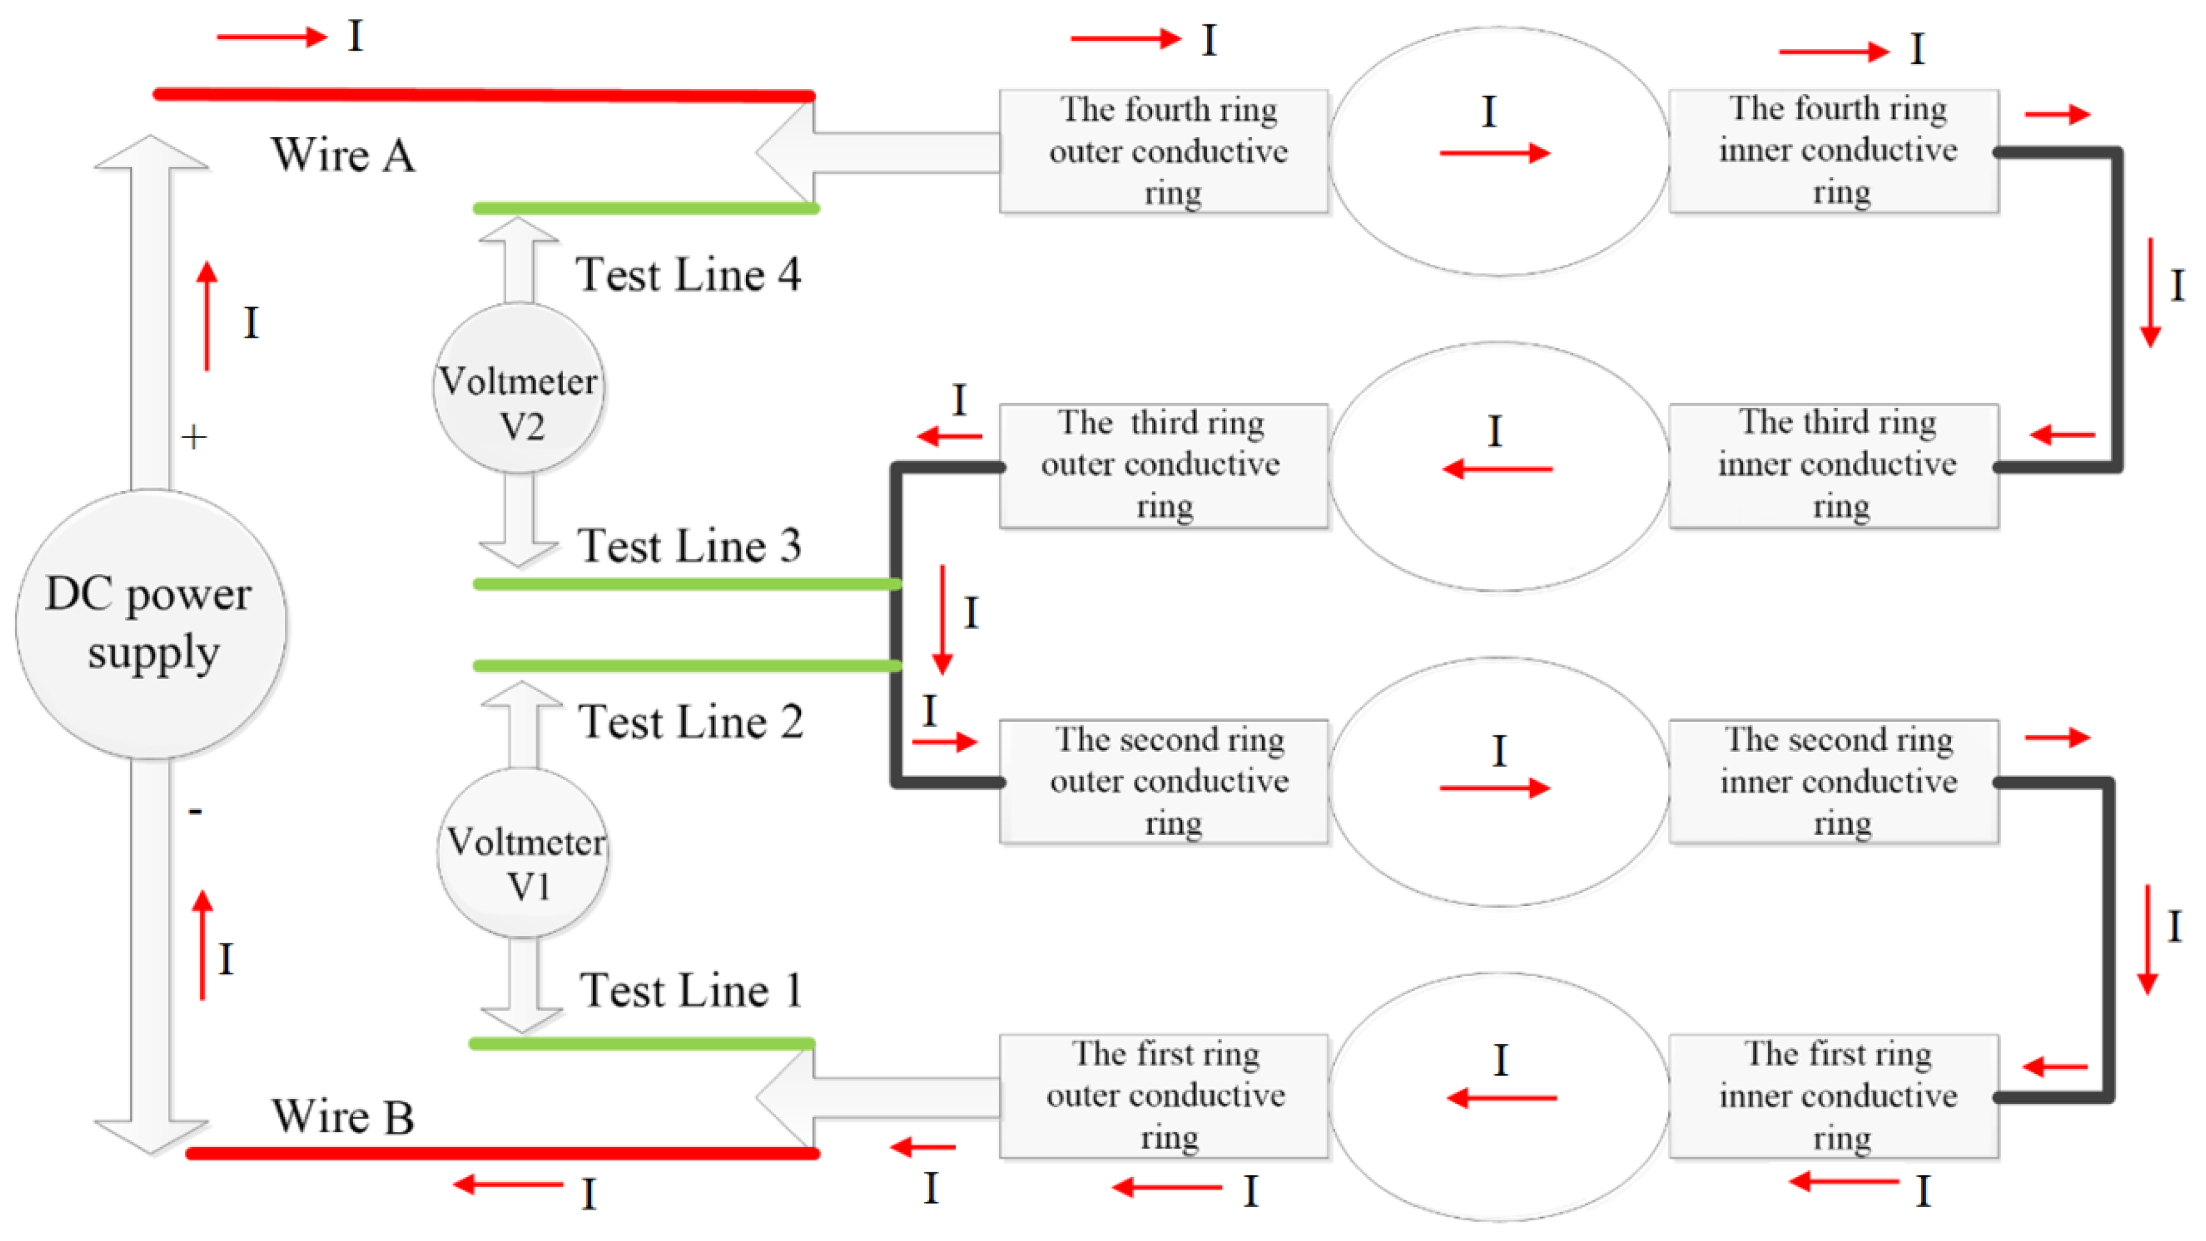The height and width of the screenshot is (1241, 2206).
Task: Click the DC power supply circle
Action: [x=151, y=623]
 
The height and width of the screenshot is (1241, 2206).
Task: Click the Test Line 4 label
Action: [x=689, y=275]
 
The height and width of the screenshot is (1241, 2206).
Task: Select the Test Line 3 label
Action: [x=689, y=546]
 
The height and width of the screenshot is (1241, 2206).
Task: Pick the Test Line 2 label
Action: [x=690, y=721]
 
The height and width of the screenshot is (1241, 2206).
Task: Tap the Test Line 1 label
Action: [x=690, y=991]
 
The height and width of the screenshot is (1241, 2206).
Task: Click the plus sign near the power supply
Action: [x=195, y=438]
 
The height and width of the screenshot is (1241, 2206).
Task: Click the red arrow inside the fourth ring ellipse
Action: [x=1494, y=153]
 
